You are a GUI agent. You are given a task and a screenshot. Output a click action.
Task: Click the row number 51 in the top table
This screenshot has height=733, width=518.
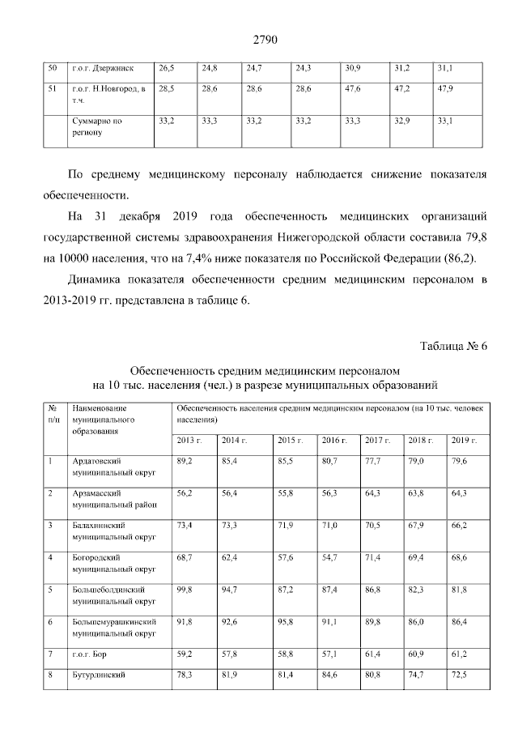pos(53,87)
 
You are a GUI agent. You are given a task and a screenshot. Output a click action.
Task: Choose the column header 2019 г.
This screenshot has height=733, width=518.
pos(464,440)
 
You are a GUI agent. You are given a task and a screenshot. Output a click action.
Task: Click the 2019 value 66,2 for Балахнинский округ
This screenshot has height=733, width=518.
pos(461,526)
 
